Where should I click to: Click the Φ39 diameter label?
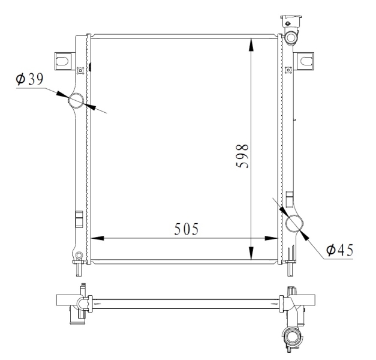tap(29, 79)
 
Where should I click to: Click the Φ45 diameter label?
tap(339, 250)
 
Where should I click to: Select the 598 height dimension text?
tap(242, 156)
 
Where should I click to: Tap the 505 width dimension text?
tap(187, 229)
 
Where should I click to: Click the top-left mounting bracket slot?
tap(63, 61)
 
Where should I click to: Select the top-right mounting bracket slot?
tap(306, 61)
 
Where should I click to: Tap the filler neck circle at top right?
tap(291, 38)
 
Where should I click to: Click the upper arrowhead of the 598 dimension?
tap(251, 44)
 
